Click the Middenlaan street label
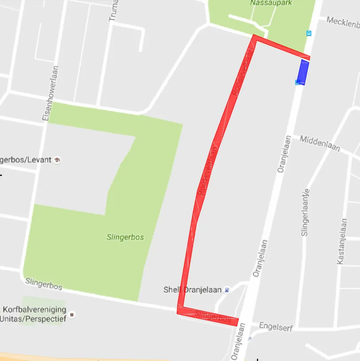coord(320,143)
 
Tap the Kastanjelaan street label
coord(342,242)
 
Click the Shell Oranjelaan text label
coord(192,290)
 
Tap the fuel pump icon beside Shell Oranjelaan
coord(227,290)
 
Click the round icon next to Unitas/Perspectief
coord(72,315)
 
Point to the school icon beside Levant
coord(57,160)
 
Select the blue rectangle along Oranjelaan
coord(303,72)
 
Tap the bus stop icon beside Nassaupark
coord(309,33)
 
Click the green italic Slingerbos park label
coord(125,237)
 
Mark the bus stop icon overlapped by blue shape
coord(298,82)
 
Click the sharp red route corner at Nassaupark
coord(255,37)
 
